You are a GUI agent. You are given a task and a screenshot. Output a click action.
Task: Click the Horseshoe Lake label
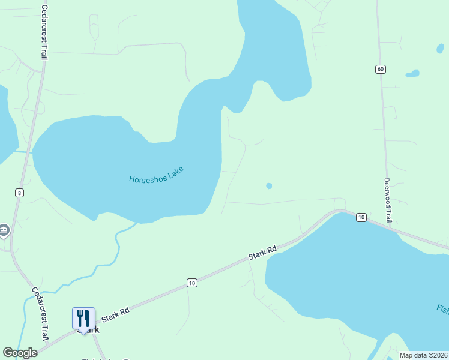click(x=155, y=175)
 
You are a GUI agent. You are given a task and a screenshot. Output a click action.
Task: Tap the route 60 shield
click(x=381, y=69)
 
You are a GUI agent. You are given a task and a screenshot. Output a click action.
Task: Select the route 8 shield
click(x=20, y=193)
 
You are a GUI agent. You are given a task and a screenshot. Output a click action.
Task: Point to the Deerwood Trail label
click(x=388, y=200)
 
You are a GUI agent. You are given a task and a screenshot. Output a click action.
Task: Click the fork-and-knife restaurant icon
click(x=83, y=318)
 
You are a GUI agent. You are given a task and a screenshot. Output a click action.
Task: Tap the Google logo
click(x=20, y=353)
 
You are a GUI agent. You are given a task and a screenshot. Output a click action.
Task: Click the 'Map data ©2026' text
click(x=423, y=355)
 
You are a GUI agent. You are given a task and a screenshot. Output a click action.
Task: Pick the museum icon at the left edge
click(x=4, y=230)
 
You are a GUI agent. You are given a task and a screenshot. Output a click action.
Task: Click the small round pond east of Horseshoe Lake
click(x=269, y=186)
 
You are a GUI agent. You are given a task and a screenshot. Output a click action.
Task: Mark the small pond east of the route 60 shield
click(x=412, y=74)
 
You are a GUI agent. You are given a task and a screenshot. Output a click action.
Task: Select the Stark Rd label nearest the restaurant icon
click(x=116, y=313)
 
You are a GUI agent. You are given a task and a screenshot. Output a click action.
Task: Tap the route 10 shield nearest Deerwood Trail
click(x=361, y=217)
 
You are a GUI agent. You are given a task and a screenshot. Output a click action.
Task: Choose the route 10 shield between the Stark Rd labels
click(x=191, y=283)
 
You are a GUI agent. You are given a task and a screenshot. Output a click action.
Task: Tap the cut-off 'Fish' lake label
click(x=442, y=309)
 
